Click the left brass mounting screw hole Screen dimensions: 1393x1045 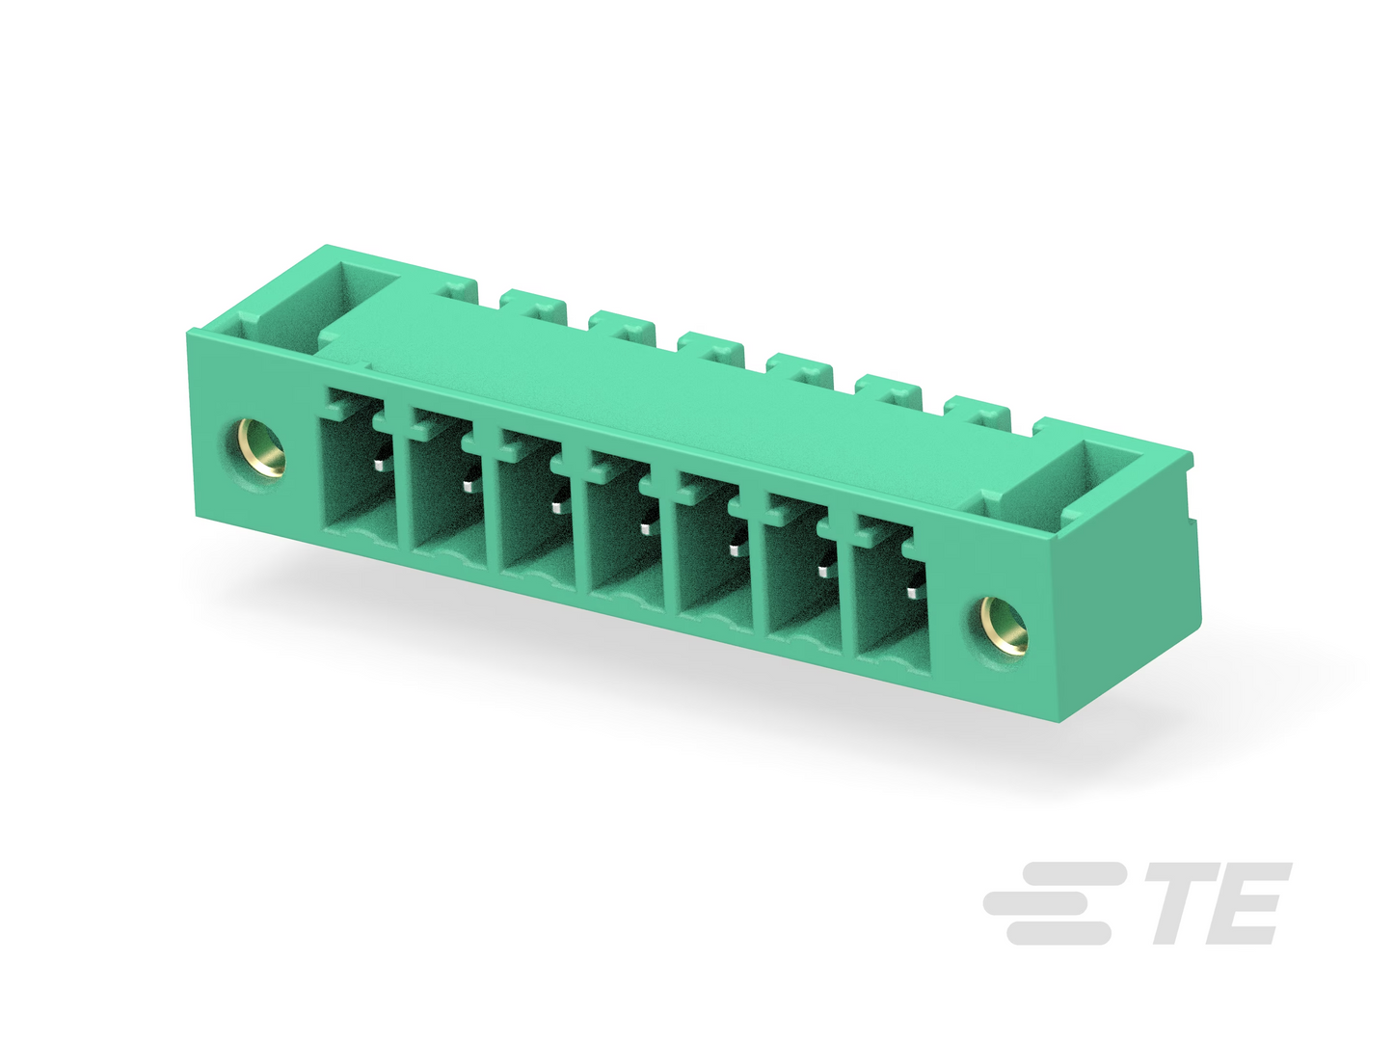pyautogui.click(x=261, y=447)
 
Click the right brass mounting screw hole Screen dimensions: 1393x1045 pyautogui.click(x=1004, y=625)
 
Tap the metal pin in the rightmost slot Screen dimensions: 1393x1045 pyautogui.click(x=913, y=593)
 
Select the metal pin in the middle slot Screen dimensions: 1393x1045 pyautogui.click(x=646, y=529)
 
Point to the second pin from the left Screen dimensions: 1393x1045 pyautogui.click(x=469, y=487)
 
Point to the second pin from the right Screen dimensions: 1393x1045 pyautogui.click(x=823, y=572)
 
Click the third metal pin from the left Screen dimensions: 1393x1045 pyautogui.click(x=557, y=508)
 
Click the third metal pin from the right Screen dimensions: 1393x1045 pyautogui.click(x=735, y=550)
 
